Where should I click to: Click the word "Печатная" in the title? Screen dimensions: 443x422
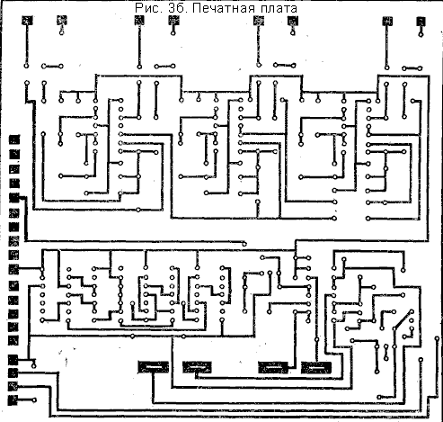click(x=223, y=8)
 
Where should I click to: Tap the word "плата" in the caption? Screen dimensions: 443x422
click(x=278, y=8)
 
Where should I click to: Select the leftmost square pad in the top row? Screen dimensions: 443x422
click(x=27, y=21)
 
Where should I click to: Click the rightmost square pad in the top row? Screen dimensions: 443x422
click(x=421, y=22)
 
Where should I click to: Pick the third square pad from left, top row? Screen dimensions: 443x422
click(x=139, y=21)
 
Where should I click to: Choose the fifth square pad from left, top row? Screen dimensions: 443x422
click(x=259, y=21)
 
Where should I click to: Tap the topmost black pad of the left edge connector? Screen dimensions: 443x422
click(x=14, y=139)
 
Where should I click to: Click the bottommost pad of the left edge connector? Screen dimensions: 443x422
click(x=13, y=400)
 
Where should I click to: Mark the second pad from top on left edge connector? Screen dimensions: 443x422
click(x=14, y=154)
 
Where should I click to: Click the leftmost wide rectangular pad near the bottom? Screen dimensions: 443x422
click(x=153, y=367)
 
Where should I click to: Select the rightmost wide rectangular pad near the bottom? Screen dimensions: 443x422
click(x=316, y=368)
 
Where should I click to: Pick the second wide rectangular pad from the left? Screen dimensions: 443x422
click(x=197, y=367)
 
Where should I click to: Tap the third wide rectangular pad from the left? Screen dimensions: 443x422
click(x=273, y=367)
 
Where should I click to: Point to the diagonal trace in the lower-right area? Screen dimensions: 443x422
click(x=403, y=320)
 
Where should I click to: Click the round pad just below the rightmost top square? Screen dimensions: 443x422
click(x=421, y=35)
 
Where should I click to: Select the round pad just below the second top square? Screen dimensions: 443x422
click(x=62, y=32)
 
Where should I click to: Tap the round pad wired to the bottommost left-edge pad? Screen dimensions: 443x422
click(x=34, y=400)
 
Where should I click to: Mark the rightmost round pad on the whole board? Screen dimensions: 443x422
click(x=437, y=338)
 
